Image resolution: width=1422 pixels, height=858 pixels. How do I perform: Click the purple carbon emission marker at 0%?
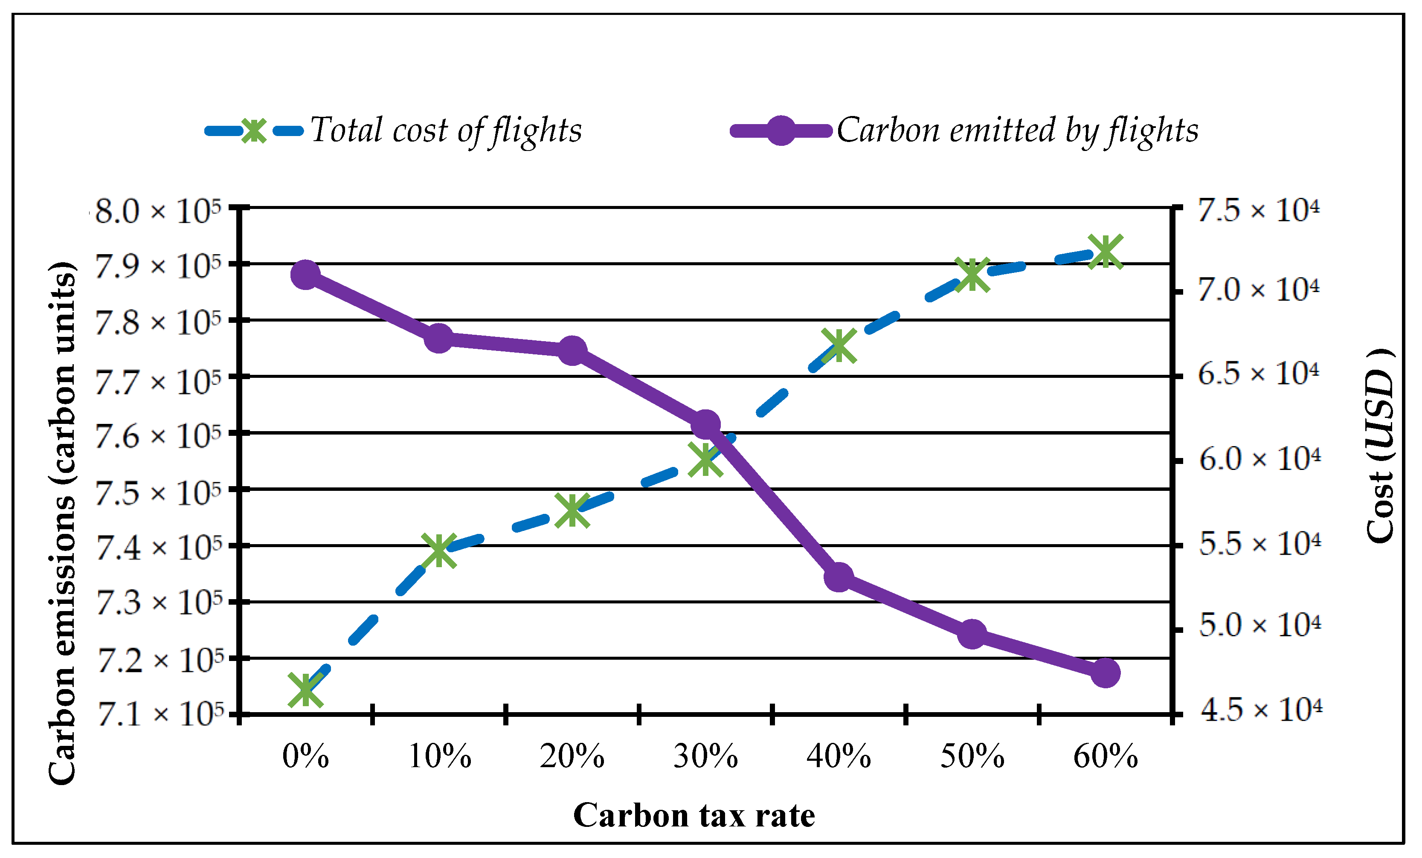coord(305,274)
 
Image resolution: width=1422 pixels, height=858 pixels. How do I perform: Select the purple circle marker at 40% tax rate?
coord(839,577)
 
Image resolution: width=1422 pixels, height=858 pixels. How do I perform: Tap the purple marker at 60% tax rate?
coord(1105,673)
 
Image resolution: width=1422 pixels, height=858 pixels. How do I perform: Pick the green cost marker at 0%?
coord(305,690)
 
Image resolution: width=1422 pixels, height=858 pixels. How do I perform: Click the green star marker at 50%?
coord(972,274)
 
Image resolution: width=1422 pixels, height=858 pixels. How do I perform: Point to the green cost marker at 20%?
coord(572,510)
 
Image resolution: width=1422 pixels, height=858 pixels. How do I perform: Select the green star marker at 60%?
coord(1105,252)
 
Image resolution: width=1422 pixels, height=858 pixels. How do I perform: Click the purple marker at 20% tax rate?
coord(572,350)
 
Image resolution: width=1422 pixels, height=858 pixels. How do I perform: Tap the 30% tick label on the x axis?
coord(705,757)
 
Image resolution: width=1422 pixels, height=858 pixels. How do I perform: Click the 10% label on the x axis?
coord(439,757)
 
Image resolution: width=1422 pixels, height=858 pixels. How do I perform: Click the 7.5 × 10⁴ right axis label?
coord(1258,210)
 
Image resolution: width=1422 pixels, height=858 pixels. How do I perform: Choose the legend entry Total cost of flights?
coord(446,130)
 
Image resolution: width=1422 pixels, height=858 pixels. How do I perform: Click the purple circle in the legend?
coord(781,130)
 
